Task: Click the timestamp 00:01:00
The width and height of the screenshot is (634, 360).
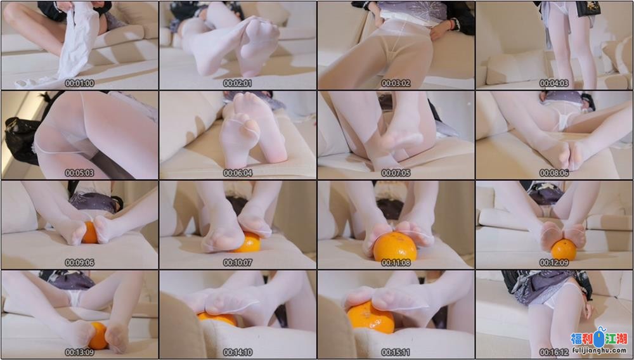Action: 80,83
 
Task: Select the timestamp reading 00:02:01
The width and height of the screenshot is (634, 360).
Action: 238,83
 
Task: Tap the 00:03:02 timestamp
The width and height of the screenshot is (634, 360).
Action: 396,83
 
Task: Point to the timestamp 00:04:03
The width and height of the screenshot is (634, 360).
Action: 554,83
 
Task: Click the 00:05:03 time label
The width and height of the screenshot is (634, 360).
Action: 80,173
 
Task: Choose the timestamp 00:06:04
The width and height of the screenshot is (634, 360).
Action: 238,173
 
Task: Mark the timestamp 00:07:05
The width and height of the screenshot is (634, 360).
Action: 396,173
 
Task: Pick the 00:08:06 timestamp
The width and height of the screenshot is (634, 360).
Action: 554,173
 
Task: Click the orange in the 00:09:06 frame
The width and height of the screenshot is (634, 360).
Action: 90,233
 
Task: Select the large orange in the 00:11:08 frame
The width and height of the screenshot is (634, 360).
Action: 394,247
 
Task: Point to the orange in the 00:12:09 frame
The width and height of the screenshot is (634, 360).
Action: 564,249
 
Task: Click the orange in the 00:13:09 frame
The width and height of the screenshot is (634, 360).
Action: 98,335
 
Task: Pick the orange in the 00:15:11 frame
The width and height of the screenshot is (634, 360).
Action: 370,317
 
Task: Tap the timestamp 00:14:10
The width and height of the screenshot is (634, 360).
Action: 238,352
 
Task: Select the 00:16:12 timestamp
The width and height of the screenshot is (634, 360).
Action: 554,352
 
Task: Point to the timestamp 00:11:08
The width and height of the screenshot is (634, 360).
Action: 396,262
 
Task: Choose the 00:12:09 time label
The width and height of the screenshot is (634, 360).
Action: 554,262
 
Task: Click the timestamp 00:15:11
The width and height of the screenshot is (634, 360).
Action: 396,352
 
